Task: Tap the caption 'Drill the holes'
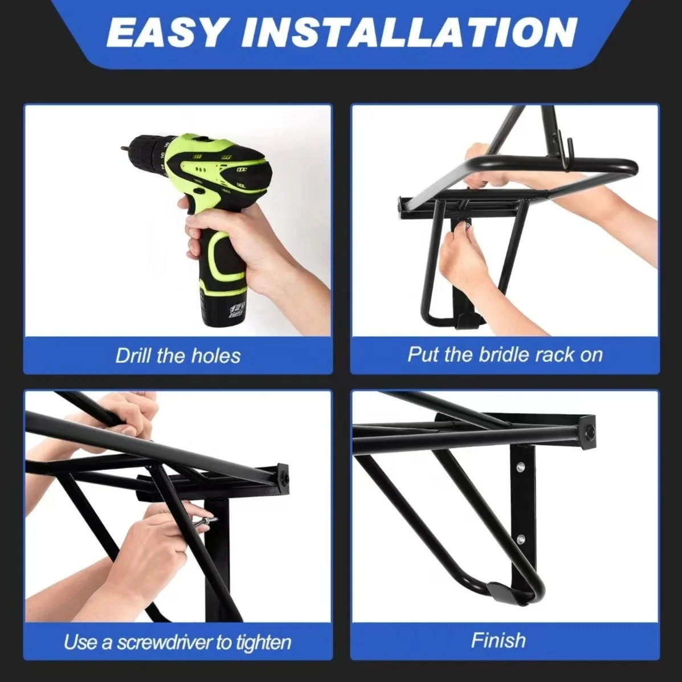178,356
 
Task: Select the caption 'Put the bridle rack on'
505,354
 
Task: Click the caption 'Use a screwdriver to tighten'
177,643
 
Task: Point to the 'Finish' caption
498,640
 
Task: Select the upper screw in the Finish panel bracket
520,468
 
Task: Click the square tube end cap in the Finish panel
587,427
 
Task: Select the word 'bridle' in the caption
493,354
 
